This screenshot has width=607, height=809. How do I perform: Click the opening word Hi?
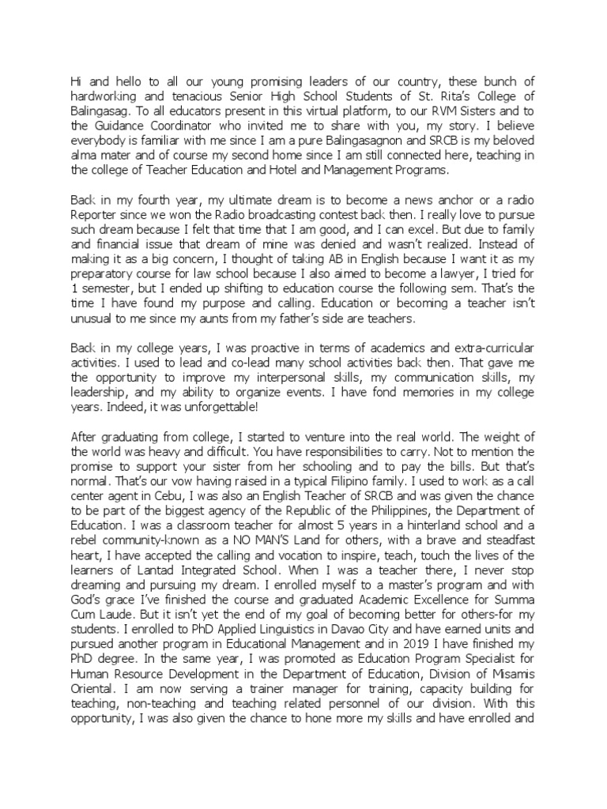pyautogui.click(x=77, y=81)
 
